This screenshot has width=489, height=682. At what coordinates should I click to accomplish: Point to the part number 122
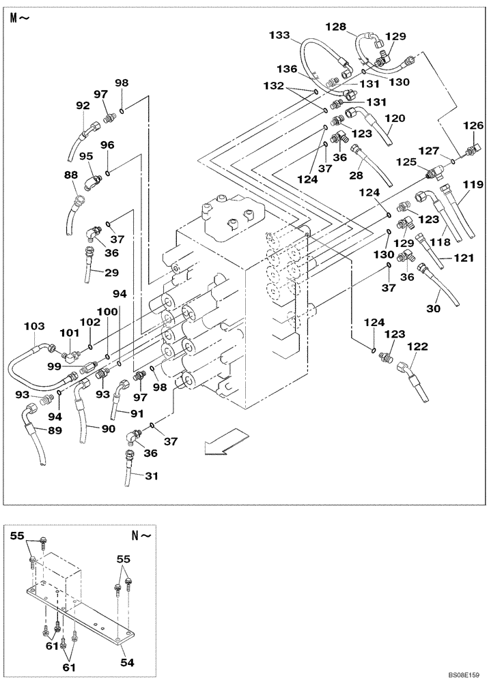click(417, 347)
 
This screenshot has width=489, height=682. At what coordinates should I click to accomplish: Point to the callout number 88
click(71, 175)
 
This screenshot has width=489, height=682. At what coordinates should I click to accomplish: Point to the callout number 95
click(87, 155)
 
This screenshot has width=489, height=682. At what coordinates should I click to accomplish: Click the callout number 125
click(407, 162)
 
